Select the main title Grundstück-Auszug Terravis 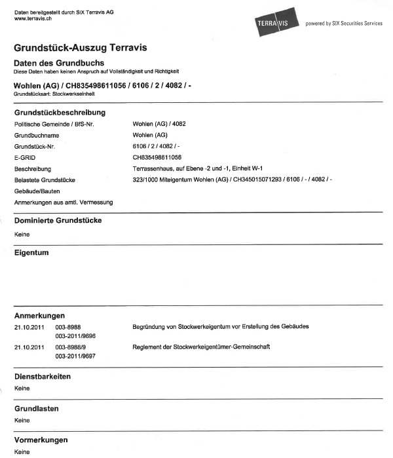click(x=80, y=48)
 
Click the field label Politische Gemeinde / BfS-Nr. click(x=54, y=124)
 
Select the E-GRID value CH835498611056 click(x=157, y=157)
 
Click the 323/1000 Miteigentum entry click(x=232, y=179)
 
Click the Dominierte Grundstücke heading click(x=58, y=221)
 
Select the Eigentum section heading click(x=31, y=252)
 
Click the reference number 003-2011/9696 click(x=76, y=335)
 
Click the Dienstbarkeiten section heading click(x=43, y=377)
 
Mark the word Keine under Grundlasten click(x=22, y=420)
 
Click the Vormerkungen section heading click(x=41, y=440)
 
